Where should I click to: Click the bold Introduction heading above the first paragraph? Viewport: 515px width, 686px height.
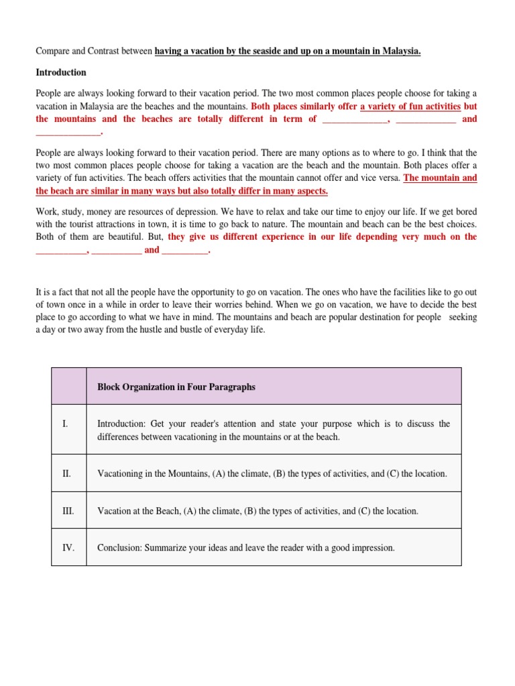[61, 72]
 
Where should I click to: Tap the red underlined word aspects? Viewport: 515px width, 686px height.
[308, 191]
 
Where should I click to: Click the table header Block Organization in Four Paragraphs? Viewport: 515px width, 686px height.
[176, 387]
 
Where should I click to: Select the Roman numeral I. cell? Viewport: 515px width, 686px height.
[66, 424]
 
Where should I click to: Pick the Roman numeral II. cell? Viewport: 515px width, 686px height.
[67, 474]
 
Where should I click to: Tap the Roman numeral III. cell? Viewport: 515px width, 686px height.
[68, 511]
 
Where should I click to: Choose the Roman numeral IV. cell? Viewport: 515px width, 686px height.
[68, 548]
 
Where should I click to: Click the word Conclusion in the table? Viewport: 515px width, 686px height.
[121, 548]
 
